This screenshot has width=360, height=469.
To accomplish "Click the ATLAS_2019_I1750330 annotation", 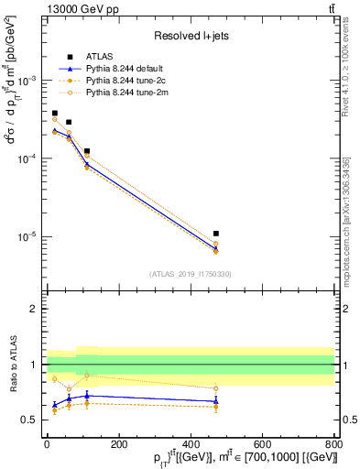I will [x=190, y=274].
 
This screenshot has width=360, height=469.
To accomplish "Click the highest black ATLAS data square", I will [x=54, y=114].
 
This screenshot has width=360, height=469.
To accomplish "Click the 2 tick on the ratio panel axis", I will [x=37, y=309].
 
